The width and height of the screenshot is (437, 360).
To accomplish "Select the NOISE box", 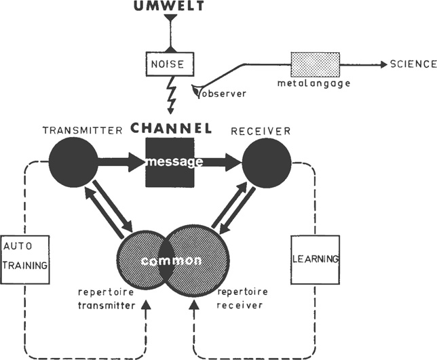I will [170, 64].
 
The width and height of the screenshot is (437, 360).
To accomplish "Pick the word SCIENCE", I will [413, 64].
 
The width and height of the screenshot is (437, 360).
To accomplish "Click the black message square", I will [170, 163].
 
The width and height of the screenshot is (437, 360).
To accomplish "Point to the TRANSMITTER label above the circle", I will [73, 129].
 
